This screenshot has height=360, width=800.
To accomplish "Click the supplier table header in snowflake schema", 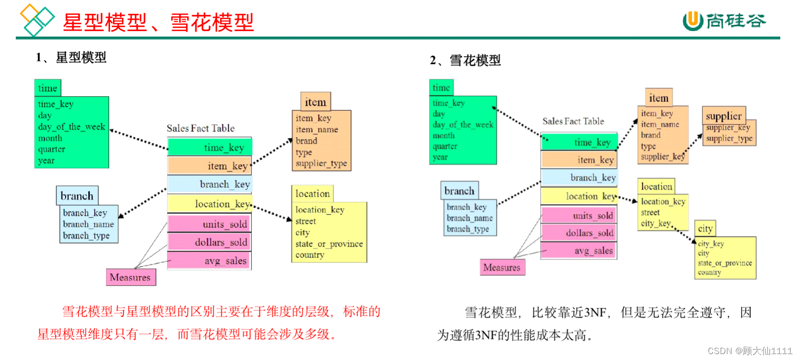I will click(724, 116).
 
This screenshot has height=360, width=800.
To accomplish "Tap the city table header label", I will click(705, 228).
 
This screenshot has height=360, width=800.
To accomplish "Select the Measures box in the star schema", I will click(130, 277).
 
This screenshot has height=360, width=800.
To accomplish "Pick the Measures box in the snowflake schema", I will click(502, 267).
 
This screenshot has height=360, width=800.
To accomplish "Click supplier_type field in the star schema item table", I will click(321, 163).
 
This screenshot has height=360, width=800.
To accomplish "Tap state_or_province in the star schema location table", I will click(329, 244).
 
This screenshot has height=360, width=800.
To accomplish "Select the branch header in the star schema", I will click(77, 196).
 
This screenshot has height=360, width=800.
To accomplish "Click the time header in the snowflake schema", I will click(441, 88).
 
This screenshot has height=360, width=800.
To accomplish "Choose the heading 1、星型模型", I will click(71, 58).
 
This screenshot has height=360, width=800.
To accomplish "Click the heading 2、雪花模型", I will click(465, 61).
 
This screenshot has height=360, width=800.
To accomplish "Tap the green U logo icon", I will click(692, 21).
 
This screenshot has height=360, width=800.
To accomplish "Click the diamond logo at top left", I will click(36, 20).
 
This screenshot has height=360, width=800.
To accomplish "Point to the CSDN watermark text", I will click(749, 351).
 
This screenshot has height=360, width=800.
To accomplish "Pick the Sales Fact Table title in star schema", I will click(200, 128).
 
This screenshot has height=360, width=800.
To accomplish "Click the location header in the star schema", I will click(312, 194).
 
